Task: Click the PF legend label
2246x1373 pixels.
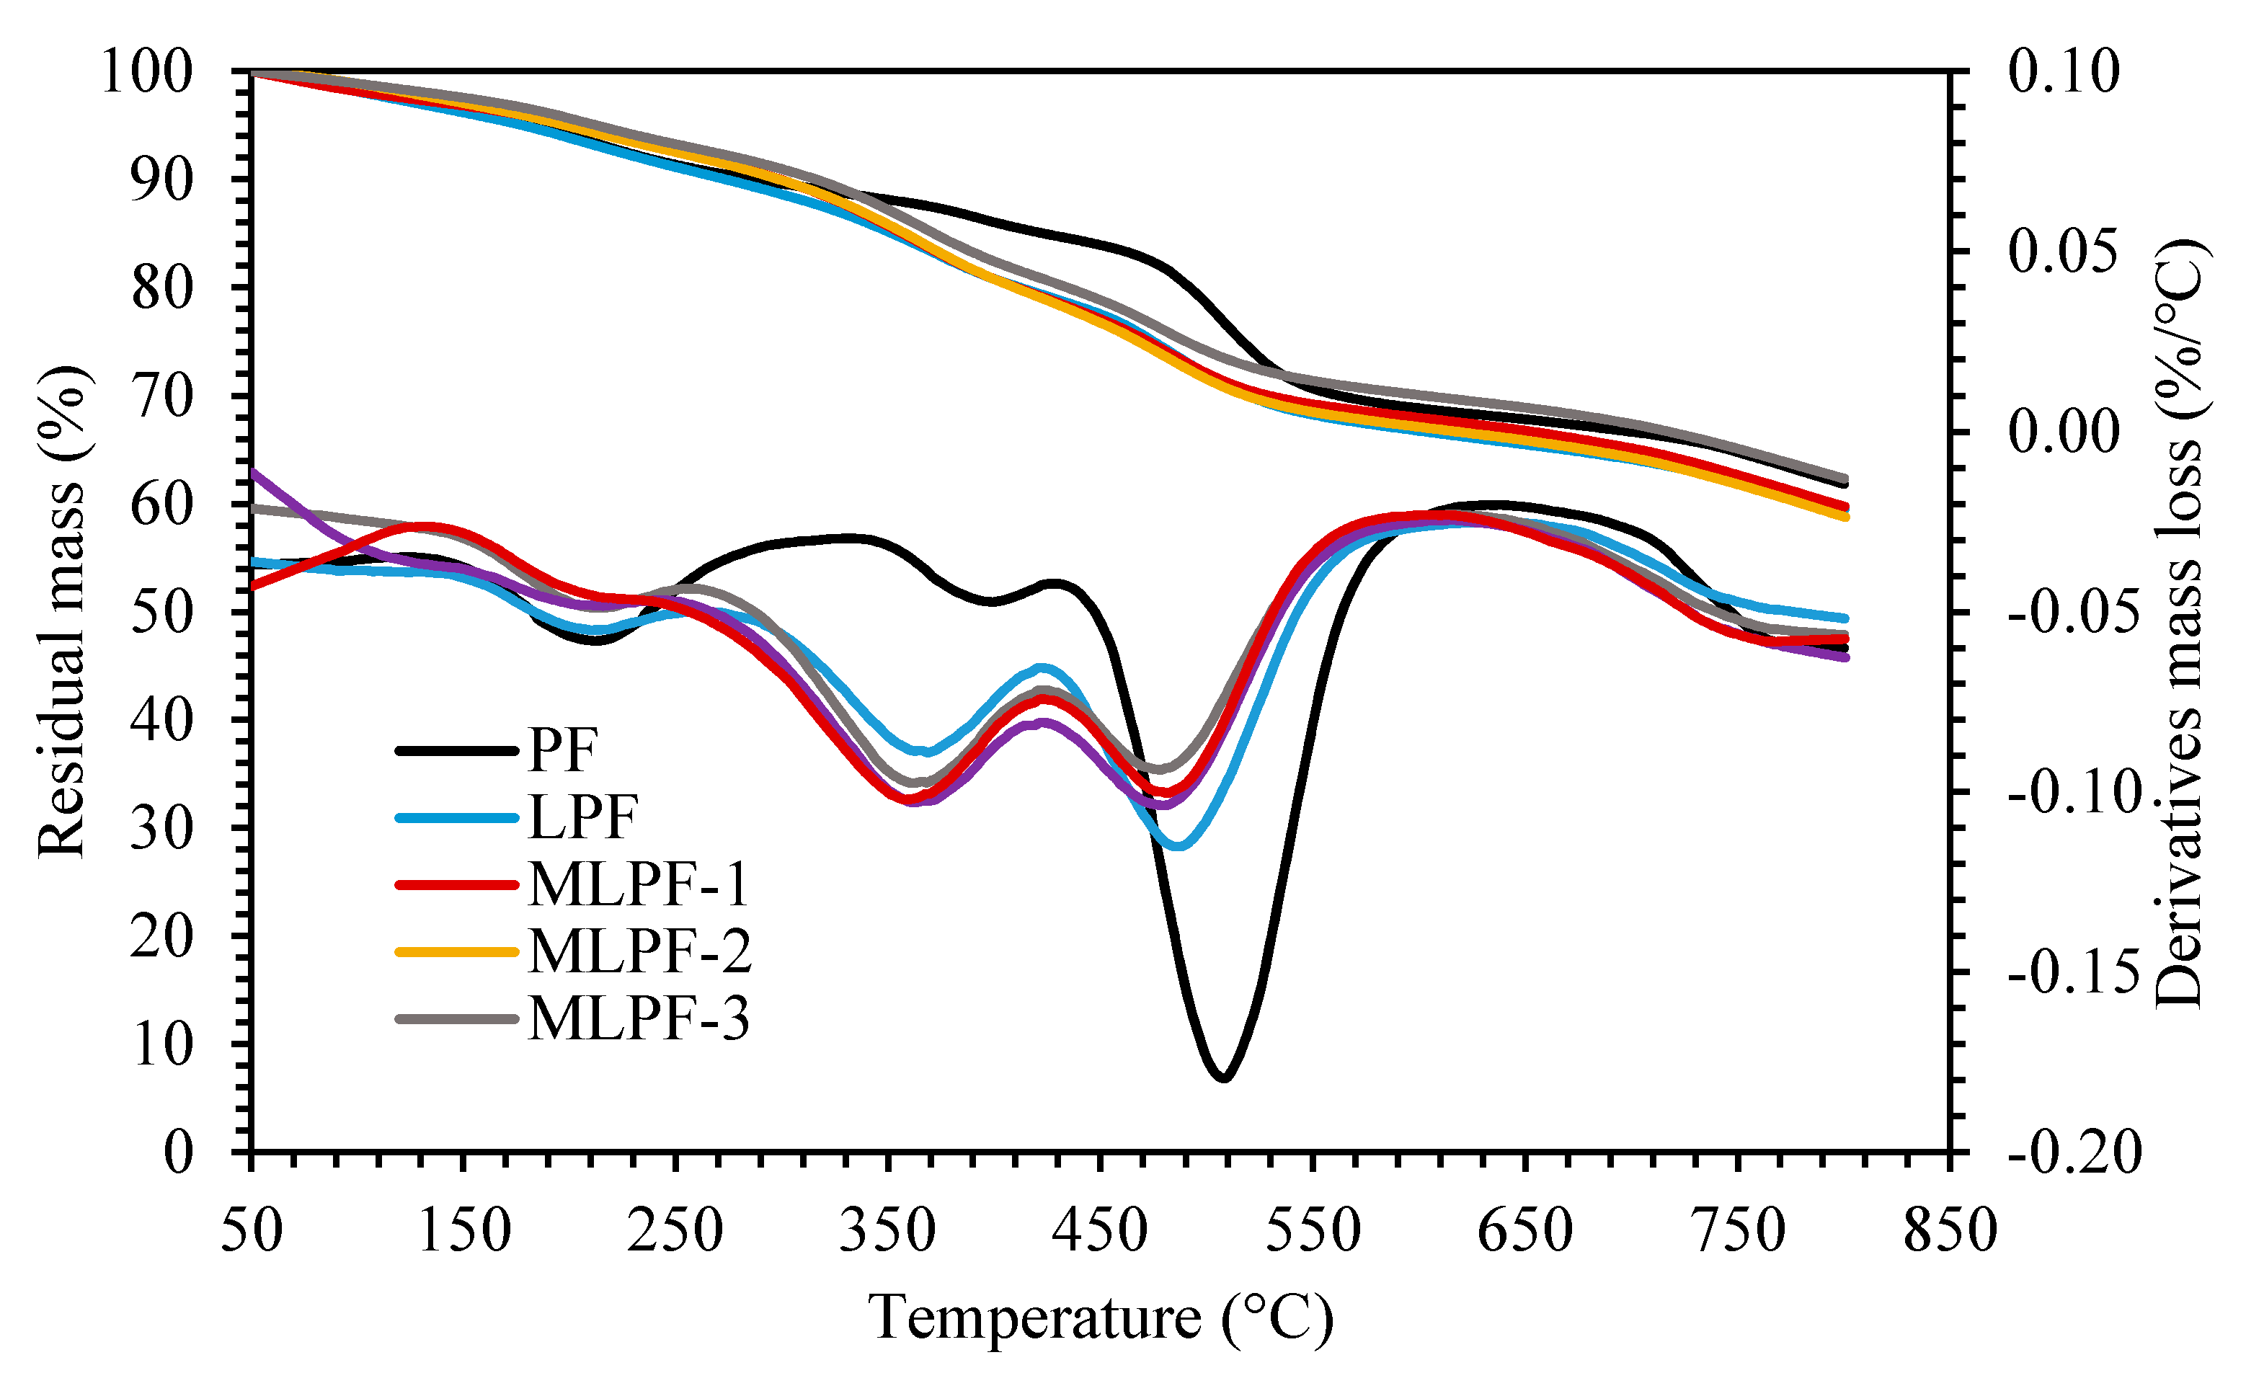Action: tap(562, 751)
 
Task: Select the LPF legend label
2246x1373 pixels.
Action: tap(582, 818)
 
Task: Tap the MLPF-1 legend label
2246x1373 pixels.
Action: tap(638, 884)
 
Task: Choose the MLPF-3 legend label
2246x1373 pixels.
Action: tap(638, 1018)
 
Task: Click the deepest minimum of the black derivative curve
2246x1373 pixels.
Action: tap(1223, 1077)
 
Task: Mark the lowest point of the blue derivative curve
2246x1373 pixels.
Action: tap(1178, 846)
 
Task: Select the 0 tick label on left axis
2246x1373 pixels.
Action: tap(179, 1152)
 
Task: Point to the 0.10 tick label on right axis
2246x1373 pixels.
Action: tap(2064, 71)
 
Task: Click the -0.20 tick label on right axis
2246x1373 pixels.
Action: tap(2073, 1152)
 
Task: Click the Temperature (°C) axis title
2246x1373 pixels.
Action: tap(1100, 1318)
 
